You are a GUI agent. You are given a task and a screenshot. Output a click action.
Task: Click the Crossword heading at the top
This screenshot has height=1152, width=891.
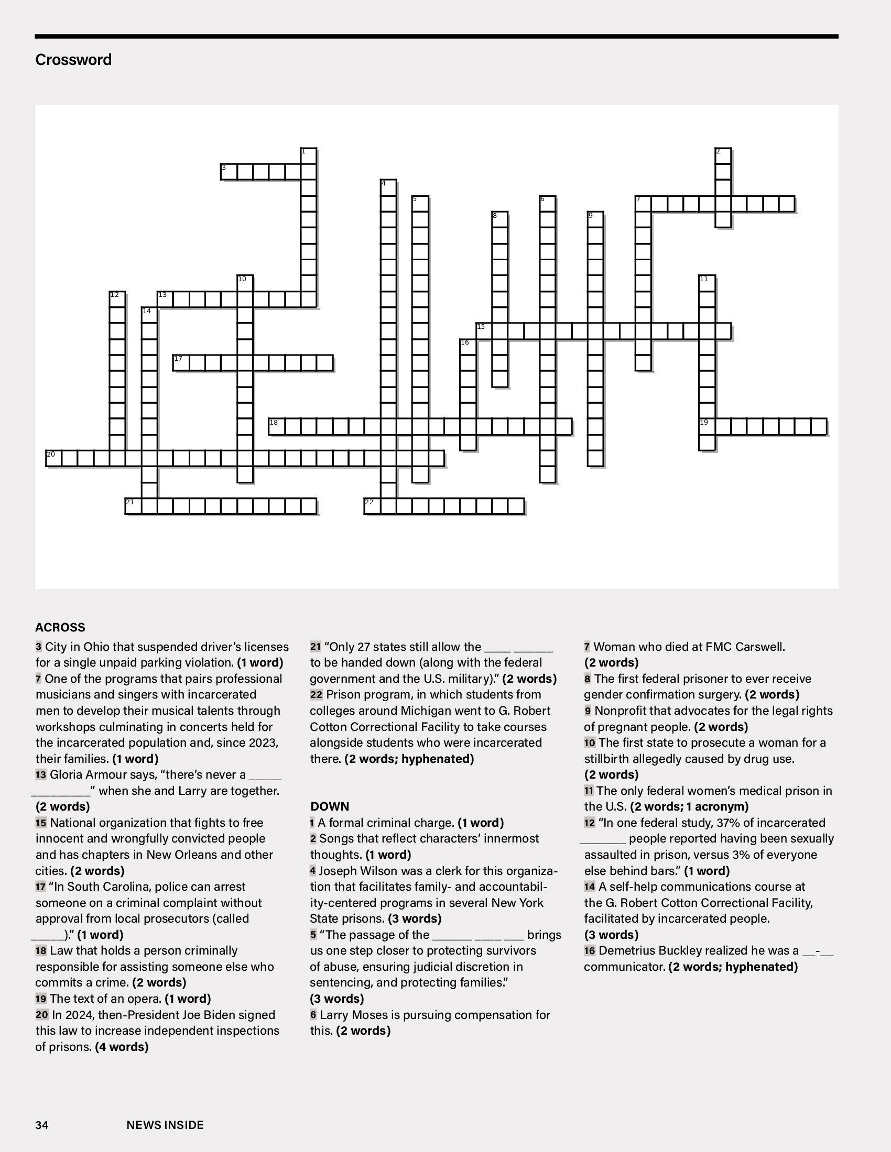(73, 60)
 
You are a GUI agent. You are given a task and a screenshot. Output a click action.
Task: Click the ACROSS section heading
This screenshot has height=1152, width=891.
(60, 627)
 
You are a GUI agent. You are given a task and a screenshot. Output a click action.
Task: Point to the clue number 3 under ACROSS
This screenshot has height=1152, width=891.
(39, 647)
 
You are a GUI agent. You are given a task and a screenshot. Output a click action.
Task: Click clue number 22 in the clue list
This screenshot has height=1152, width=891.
(316, 695)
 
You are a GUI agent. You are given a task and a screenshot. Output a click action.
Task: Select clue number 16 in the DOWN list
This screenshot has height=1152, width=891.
(590, 950)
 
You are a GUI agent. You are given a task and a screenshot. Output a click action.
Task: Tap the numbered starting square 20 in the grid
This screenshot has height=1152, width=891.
(54, 458)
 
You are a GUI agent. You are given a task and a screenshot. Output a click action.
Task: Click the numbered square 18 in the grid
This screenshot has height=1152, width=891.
(277, 427)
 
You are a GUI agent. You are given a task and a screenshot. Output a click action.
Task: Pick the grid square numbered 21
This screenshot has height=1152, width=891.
(134, 506)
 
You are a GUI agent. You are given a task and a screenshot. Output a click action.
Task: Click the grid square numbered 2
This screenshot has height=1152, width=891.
(723, 156)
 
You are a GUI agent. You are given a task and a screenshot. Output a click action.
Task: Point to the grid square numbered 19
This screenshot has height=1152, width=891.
(708, 427)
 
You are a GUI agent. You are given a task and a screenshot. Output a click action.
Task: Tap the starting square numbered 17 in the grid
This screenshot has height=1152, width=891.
(181, 363)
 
